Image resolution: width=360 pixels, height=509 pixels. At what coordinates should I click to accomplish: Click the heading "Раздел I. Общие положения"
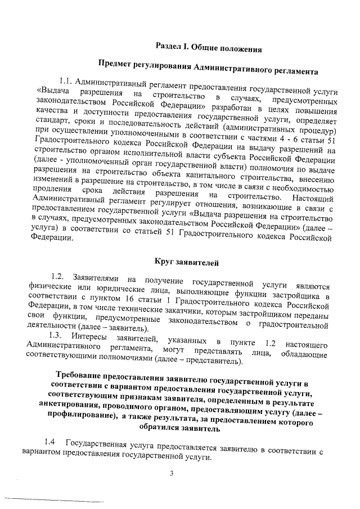tap(209, 48)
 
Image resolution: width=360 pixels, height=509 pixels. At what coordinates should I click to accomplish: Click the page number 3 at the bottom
tap(172, 474)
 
